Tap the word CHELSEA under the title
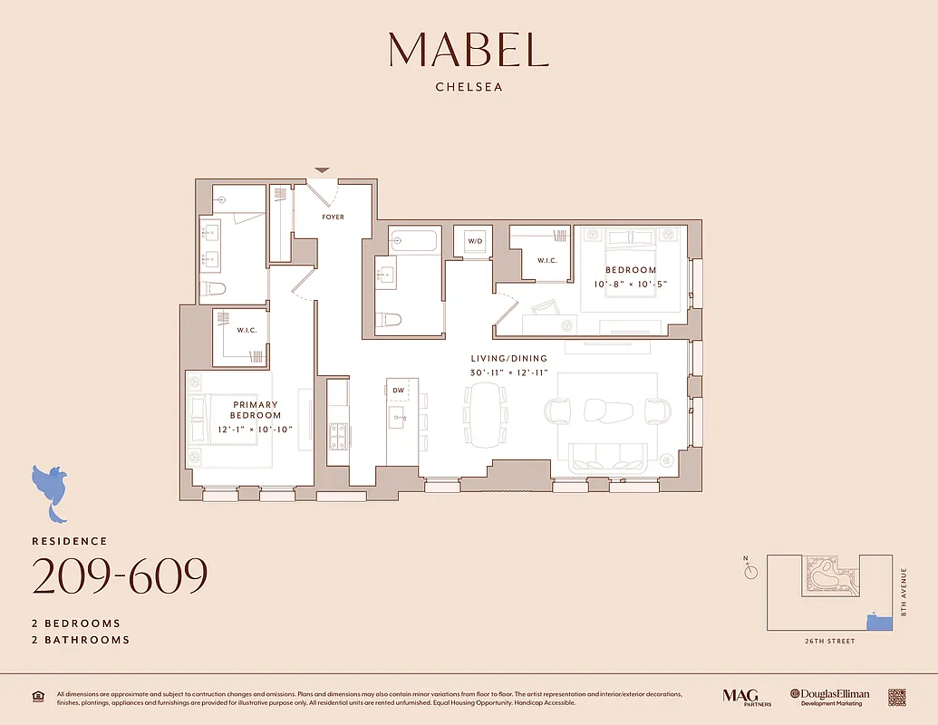[x=469, y=88]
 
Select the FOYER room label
[x=333, y=217]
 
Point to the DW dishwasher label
[x=398, y=391]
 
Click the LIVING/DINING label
[x=508, y=359]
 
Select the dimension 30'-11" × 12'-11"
[x=508, y=373]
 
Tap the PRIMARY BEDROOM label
[x=256, y=410]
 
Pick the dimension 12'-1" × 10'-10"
[x=256, y=430]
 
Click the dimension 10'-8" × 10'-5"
[x=631, y=285]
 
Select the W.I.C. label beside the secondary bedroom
[x=546, y=261]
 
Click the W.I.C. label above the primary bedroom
[x=247, y=331]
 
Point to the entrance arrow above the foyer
[x=322, y=170]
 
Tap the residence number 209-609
[x=120, y=576]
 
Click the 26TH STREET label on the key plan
[x=828, y=642]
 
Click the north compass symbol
[x=749, y=570]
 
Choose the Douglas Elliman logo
[x=829, y=696]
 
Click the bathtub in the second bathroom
[x=413, y=240]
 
